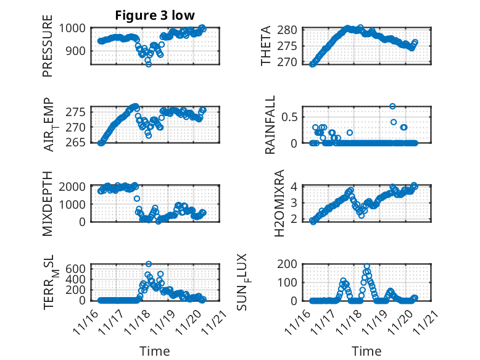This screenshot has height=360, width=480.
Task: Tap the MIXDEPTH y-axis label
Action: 48,204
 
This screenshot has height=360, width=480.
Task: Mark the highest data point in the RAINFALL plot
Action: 392,106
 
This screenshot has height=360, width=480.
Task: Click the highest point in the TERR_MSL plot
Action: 149,264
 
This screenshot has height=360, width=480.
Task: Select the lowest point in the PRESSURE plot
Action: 149,64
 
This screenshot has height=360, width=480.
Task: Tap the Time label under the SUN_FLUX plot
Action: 366,351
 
